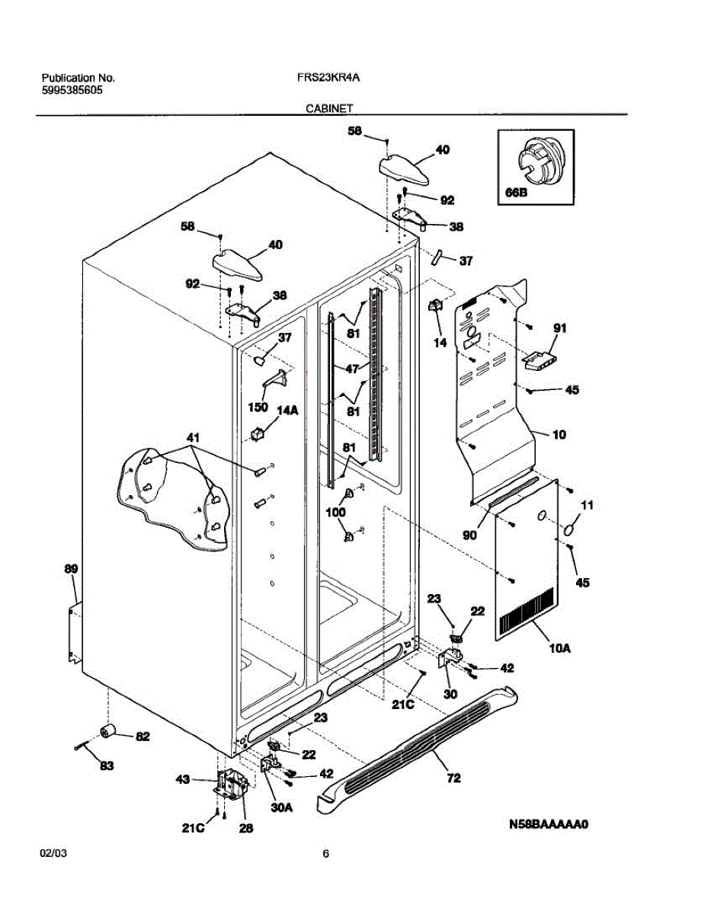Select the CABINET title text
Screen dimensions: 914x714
coord(329,109)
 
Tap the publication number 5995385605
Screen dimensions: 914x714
coord(72,89)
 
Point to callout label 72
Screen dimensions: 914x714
coord(454,778)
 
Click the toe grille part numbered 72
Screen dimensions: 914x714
coord(427,738)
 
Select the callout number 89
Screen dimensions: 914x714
coord(71,569)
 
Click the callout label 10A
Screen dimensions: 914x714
coord(559,648)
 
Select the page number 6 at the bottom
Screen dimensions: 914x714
coord(325,854)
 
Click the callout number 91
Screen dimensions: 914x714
coord(560,329)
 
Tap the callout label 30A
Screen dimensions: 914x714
coord(283,808)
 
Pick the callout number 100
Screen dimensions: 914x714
coord(335,513)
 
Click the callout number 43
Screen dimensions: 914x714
coord(183,780)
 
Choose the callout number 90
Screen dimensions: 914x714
coord(469,535)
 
